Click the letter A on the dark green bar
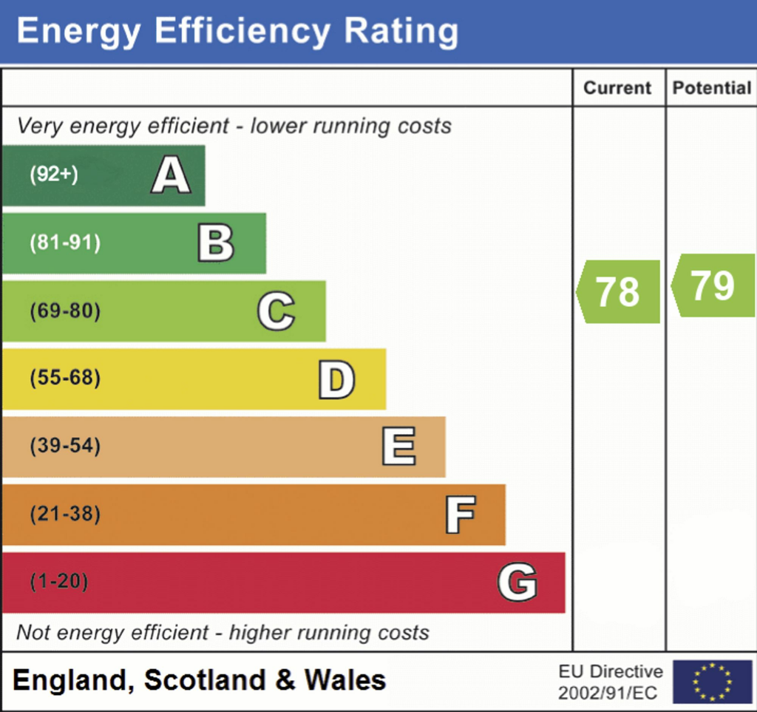pos(171,176)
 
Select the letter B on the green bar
pos(216,244)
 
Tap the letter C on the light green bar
pos(276,311)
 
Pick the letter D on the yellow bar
pos(336,379)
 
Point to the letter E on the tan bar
pos(398,447)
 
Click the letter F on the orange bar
pos(460,515)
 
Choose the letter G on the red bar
pos(517,582)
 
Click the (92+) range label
pos(54,175)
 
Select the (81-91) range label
pos(65,243)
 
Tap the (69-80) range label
pos(65,311)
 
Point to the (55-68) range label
pos(65,379)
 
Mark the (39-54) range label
pos(65,447)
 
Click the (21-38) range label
pos(65,514)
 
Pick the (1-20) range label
pos(59,582)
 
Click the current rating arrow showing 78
pos(619,291)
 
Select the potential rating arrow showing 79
pos(713,285)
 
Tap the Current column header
pos(618,88)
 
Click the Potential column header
pos(711,88)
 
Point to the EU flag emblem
pos(712,681)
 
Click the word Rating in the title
pos(400,32)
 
